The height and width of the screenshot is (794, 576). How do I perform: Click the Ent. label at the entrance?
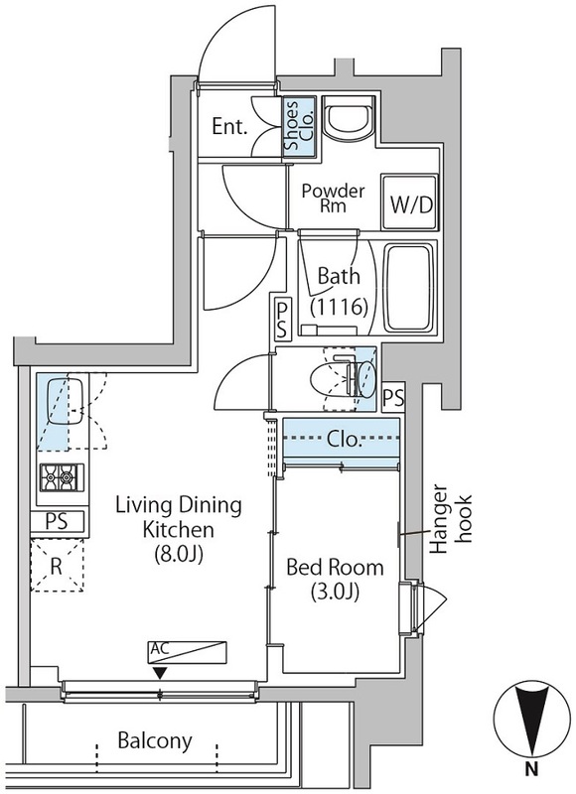tap(229, 126)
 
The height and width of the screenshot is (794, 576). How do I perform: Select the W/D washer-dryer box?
tap(410, 202)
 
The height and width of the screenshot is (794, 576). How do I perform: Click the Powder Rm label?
tap(333, 198)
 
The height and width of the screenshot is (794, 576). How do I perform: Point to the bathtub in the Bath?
tap(410, 289)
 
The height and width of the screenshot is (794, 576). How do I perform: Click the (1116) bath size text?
tap(339, 307)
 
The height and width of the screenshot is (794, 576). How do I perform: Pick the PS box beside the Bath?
tap(282, 319)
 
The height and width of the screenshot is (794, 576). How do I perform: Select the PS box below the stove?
tap(57, 521)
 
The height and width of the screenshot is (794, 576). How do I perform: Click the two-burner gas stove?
tap(62, 477)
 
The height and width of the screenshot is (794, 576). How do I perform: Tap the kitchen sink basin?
tap(62, 403)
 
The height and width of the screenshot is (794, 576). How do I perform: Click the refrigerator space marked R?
tap(57, 565)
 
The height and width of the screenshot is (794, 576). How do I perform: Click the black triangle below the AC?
tap(161, 674)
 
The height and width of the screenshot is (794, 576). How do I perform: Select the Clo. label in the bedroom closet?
tap(345, 439)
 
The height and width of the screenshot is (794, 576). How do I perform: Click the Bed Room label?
tap(335, 567)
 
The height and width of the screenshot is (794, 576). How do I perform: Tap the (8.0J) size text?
tap(179, 555)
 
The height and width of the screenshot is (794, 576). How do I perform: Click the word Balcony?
tap(155, 740)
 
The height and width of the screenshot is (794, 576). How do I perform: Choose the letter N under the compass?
tap(531, 770)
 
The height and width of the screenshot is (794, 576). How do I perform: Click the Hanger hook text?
tap(450, 519)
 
